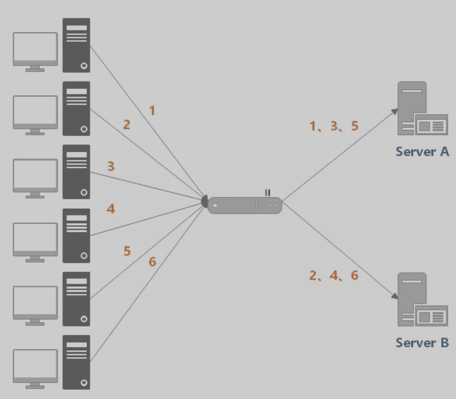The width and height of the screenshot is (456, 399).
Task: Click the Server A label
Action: tap(422, 152)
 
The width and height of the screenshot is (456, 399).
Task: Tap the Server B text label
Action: tap(422, 343)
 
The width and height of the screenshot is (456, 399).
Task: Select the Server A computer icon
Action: tap(422, 109)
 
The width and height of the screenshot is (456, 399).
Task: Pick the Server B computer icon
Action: tap(422, 300)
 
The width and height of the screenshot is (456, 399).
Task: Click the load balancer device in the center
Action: tap(245, 205)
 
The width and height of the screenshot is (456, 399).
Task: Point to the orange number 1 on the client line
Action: tap(152, 110)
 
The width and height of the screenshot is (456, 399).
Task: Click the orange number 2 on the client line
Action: tap(127, 125)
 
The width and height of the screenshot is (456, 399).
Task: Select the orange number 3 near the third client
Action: tap(111, 166)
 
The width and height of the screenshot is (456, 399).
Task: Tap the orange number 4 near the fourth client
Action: tap(111, 209)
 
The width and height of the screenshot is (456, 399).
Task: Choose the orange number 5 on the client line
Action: tap(127, 251)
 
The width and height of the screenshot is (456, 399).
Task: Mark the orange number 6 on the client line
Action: tap(152, 262)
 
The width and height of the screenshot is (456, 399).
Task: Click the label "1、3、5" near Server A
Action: tap(334, 126)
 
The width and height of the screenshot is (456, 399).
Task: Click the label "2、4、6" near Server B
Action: tap(334, 275)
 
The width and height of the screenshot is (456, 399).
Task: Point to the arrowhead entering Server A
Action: tap(394, 111)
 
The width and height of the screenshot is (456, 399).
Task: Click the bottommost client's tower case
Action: tap(76, 362)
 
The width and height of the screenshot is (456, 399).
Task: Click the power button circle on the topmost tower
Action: tap(84, 66)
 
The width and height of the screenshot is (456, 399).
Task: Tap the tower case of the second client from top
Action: tap(76, 108)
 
